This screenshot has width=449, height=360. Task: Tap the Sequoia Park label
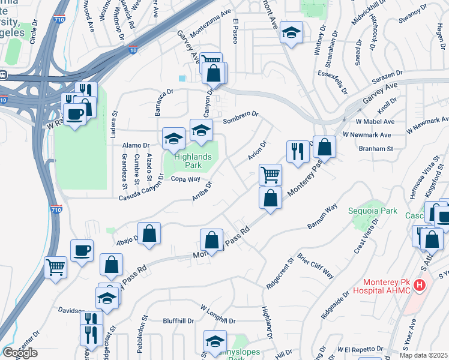pyautogui.click(x=373, y=211)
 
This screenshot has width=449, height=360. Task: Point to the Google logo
pyautogui.click(x=19, y=353)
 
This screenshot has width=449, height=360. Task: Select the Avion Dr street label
pyautogui.click(x=257, y=151)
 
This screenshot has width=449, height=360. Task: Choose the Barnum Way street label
pyautogui.click(x=322, y=219)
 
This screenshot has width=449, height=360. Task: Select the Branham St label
pyautogui.click(x=375, y=148)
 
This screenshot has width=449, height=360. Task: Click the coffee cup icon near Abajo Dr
pyautogui.click(x=82, y=250)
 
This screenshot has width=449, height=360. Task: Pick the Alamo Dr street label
pyautogui.click(x=136, y=145)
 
